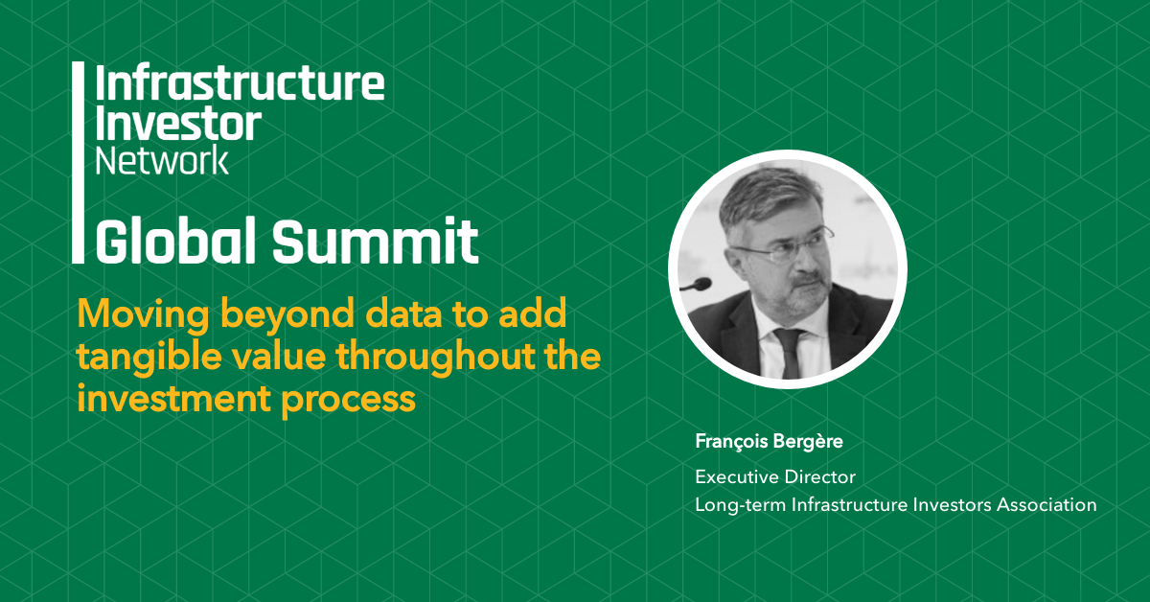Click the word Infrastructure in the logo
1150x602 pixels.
click(240, 82)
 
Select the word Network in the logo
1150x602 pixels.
click(162, 160)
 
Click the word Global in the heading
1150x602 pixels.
click(175, 241)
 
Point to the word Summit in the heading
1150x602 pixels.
click(376, 241)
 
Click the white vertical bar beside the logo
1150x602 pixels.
click(78, 162)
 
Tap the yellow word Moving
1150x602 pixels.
click(143, 314)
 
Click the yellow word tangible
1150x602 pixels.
click(149, 357)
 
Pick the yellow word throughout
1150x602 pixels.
click(435, 357)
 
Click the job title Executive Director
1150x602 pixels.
click(775, 477)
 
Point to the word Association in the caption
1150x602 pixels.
click(1046, 505)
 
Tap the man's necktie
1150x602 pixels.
click(789, 353)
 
